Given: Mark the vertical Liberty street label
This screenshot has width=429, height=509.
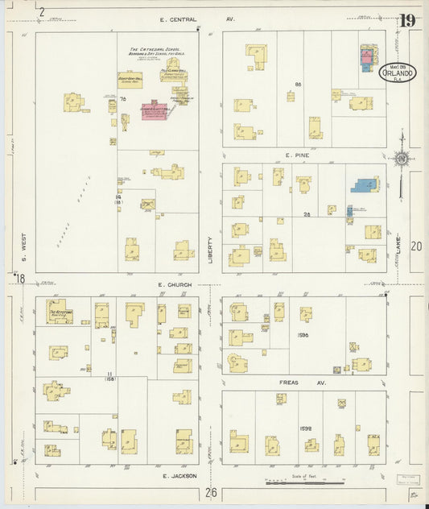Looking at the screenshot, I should [212, 250].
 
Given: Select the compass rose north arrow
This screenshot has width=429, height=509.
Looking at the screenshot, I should [401, 159].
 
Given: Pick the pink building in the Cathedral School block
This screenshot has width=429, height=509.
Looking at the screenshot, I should [155, 111].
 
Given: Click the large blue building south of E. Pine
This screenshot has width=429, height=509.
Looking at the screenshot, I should [365, 184].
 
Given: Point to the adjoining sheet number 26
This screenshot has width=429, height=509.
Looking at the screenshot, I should [211, 492].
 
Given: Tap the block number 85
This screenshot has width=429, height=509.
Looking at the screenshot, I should [297, 84].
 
